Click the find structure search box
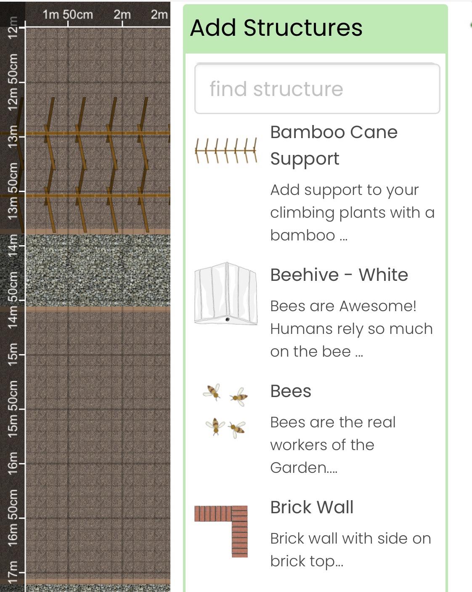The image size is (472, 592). click(x=317, y=89)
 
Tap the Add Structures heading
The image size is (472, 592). click(x=276, y=28)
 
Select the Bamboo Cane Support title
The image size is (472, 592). click(x=334, y=145)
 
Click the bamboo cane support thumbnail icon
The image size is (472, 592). click(x=226, y=150)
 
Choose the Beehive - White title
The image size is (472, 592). click(x=339, y=275)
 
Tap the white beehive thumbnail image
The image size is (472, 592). click(x=226, y=293)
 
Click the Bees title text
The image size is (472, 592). click(x=291, y=391)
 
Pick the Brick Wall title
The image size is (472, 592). click(x=312, y=507)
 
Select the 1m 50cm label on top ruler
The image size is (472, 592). click(x=68, y=15)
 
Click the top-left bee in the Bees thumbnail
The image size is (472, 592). click(x=212, y=392)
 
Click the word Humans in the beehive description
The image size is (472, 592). click(x=294, y=329)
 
